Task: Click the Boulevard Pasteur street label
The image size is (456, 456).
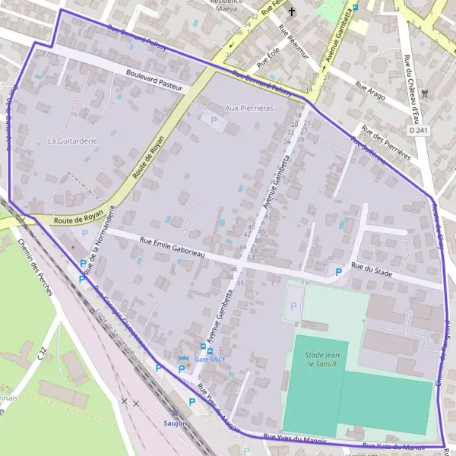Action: click(156, 81)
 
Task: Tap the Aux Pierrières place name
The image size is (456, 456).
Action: click(249, 109)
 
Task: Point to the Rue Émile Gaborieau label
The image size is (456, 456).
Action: click(173, 249)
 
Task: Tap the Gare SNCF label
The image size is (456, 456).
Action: click(210, 359)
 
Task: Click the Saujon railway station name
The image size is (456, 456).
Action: click(174, 423)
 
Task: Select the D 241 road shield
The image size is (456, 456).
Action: click(417, 131)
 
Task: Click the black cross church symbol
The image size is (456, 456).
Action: click(291, 11)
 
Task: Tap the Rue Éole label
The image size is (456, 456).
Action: click(268, 56)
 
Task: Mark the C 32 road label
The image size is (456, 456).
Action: click(43, 353)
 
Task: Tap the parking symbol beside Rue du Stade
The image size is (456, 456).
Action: click(338, 271)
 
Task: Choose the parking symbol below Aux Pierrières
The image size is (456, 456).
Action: click(214, 120)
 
